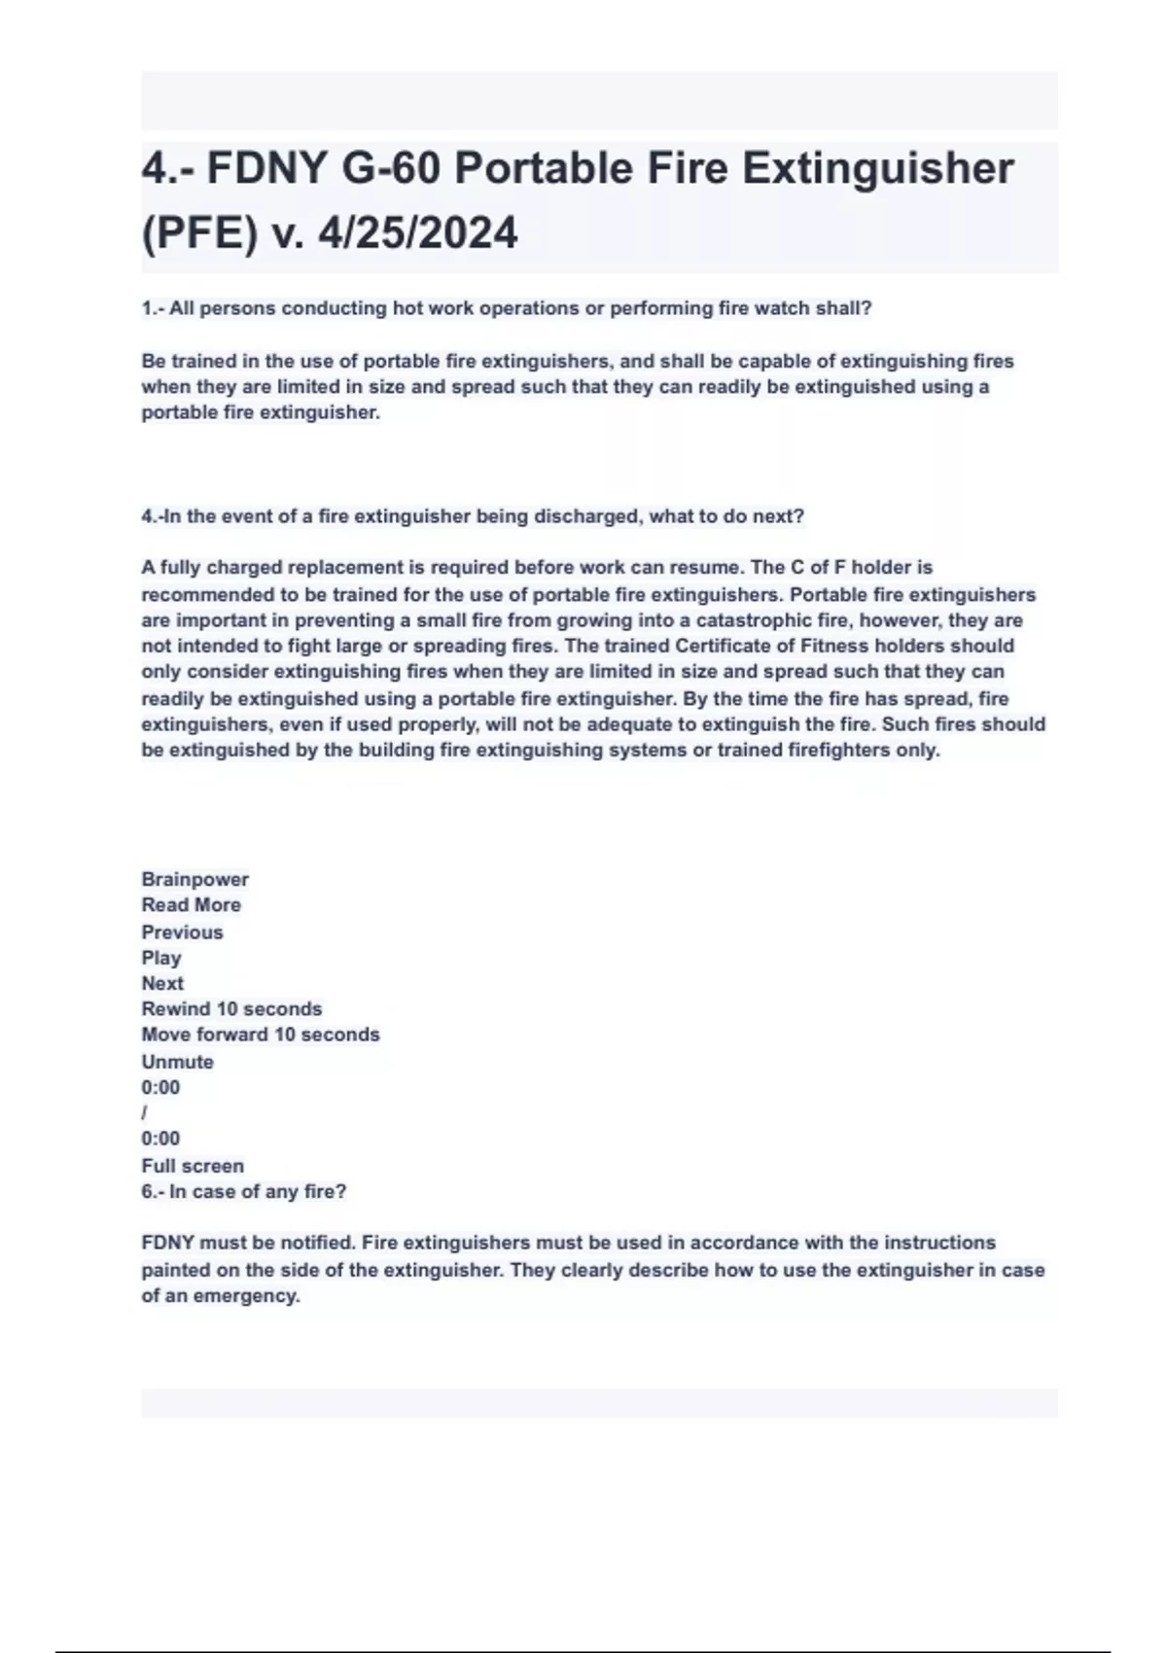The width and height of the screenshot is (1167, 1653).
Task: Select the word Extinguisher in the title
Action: tap(878, 168)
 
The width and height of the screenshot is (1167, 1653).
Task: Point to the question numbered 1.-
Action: tap(507, 308)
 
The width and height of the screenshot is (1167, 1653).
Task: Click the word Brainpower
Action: tap(194, 879)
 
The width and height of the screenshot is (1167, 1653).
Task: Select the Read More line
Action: tap(191, 905)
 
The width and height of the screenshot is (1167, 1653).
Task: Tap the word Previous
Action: tap(182, 932)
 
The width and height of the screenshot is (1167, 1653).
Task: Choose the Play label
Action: tap(160, 958)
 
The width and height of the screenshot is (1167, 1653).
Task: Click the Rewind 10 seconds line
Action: tap(231, 1009)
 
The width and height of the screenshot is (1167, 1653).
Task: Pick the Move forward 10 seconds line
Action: tap(260, 1035)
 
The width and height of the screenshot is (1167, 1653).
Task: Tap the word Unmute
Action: tap(177, 1062)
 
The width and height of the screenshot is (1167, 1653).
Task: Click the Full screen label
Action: tap(193, 1166)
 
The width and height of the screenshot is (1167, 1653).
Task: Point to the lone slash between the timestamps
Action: tap(144, 1112)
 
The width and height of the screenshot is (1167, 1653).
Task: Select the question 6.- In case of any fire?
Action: tap(243, 1191)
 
